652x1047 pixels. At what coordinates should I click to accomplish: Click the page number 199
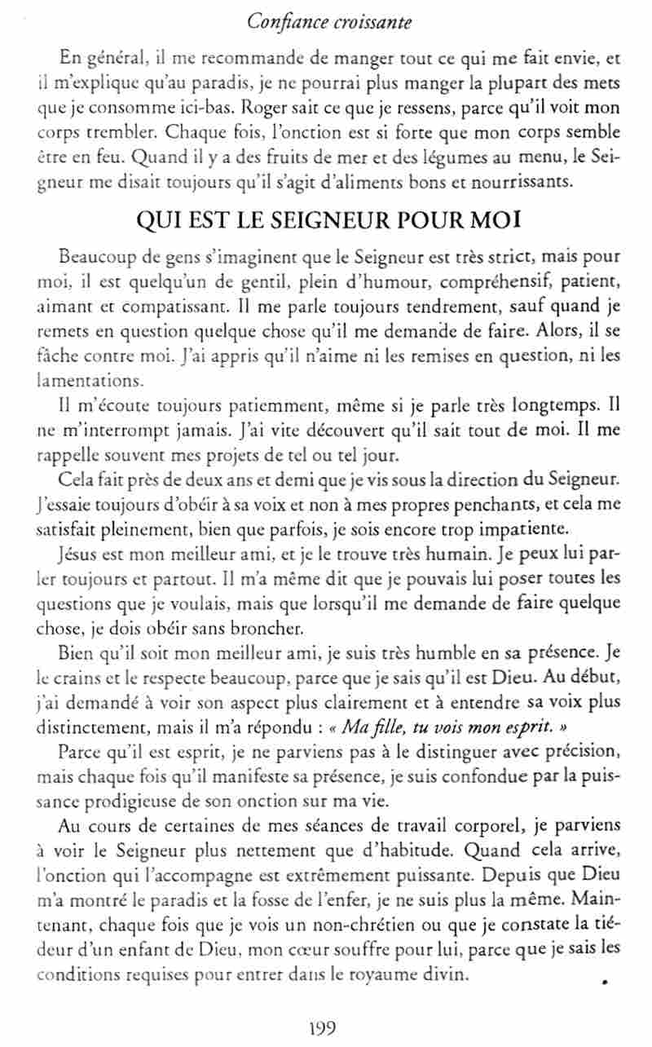(323, 1027)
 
